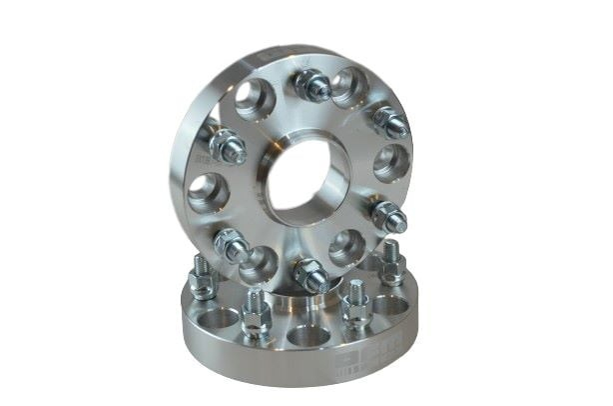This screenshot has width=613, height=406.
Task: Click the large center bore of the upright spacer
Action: point(308,180)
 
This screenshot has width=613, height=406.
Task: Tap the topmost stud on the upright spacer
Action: point(312,86)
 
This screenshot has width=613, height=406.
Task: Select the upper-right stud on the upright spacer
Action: point(388,121)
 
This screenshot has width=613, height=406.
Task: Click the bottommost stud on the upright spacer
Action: point(310,275)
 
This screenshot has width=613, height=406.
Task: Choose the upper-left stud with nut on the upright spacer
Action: point(229,148)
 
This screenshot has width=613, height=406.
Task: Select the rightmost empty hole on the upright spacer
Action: point(390,162)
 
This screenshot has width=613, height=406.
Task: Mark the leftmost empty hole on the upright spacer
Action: point(208,192)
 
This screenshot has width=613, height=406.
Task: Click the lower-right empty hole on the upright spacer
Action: point(348,247)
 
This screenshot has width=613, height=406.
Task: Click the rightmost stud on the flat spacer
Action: point(391,266)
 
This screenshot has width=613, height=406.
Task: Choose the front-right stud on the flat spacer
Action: point(354,307)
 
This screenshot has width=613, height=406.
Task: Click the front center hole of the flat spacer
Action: point(305,336)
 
